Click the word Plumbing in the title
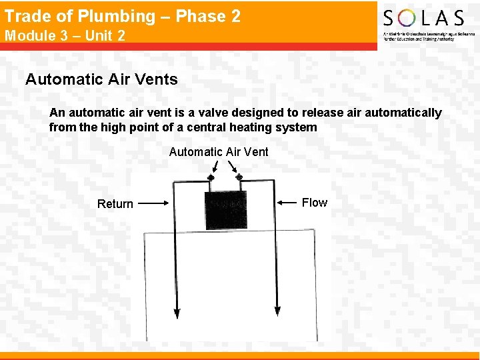click(119, 17)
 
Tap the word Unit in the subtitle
click(100, 36)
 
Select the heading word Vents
click(157, 79)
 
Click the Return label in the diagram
click(115, 204)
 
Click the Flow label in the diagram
click(315, 202)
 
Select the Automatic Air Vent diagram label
click(219, 152)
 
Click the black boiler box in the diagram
click(226, 209)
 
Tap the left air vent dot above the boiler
click(211, 177)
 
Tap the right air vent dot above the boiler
click(239, 177)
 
